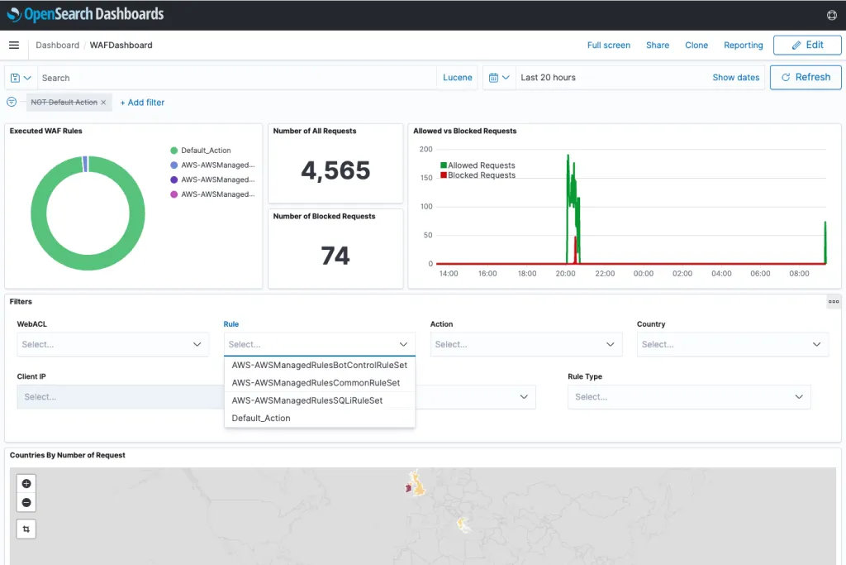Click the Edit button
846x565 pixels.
click(x=807, y=45)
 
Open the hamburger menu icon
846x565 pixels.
click(x=14, y=45)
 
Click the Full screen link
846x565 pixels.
click(x=608, y=45)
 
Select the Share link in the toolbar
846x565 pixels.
click(x=658, y=45)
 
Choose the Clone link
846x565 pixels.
click(x=696, y=45)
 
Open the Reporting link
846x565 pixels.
click(x=743, y=45)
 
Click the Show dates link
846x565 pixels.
click(x=735, y=78)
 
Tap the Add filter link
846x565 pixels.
click(x=142, y=103)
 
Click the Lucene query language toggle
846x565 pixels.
click(x=458, y=78)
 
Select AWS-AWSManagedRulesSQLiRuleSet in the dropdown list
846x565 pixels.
click(x=307, y=400)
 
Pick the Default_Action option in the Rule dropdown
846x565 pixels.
click(x=261, y=418)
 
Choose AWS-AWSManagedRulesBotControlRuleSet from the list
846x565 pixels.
click(x=319, y=365)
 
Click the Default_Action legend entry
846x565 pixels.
click(x=206, y=151)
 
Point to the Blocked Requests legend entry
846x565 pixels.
click(x=481, y=175)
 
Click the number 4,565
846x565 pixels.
click(x=335, y=170)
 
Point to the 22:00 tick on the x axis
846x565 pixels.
click(x=605, y=274)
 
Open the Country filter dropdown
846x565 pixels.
click(x=732, y=344)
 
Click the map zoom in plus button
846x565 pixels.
click(x=26, y=484)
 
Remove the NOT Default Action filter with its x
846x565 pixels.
click(x=103, y=103)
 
